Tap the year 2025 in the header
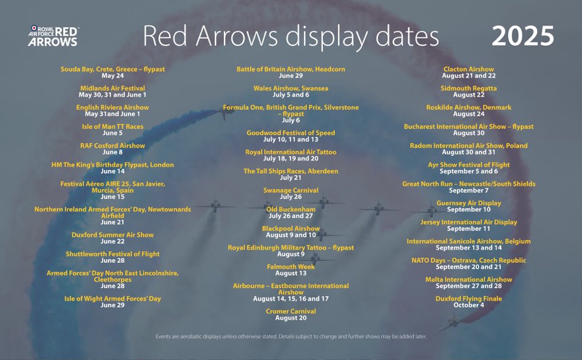(523, 36)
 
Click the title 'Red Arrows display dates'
(290, 36)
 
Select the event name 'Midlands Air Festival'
(112, 88)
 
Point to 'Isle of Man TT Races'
(112, 126)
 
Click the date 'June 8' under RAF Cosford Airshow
(112, 152)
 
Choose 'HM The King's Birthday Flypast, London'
(112, 165)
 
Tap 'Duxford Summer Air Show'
(112, 234)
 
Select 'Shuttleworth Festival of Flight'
(112, 254)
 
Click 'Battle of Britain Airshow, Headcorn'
(291, 69)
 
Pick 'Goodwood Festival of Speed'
(291, 133)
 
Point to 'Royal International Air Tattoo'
(291, 152)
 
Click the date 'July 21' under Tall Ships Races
(291, 178)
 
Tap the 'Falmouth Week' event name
(291, 267)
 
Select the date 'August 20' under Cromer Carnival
(291, 318)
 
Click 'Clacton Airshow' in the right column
(469, 69)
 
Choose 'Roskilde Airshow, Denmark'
(469, 107)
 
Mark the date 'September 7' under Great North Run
(469, 191)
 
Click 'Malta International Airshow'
(469, 279)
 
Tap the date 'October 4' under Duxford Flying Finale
(469, 305)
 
